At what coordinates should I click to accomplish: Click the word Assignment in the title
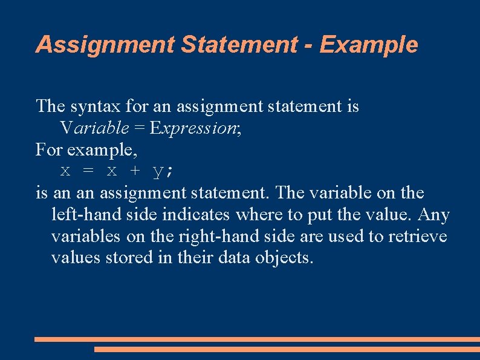(103, 45)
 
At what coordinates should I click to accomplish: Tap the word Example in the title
(368, 45)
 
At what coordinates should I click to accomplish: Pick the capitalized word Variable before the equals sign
(94, 128)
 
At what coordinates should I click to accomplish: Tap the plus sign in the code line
(135, 171)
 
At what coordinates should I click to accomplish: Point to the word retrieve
(418, 236)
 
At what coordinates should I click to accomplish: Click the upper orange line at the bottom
(257, 339)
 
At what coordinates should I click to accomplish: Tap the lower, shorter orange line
(287, 349)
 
